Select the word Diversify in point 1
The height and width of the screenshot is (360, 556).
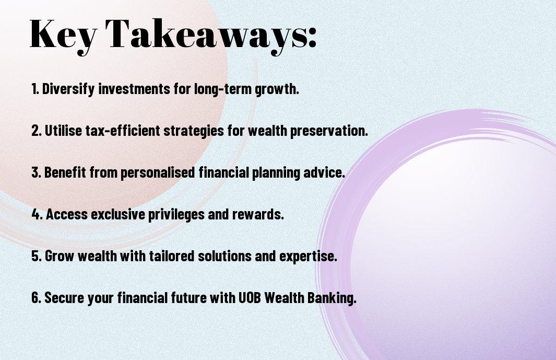pyautogui.click(x=68, y=89)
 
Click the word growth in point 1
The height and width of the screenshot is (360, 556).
pyautogui.click(x=277, y=89)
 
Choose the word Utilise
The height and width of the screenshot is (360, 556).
pyautogui.click(x=64, y=130)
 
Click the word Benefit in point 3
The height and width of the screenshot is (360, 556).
pyautogui.click(x=65, y=172)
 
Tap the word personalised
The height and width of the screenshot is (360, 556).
pyautogui.click(x=158, y=172)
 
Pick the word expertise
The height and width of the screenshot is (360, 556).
pyautogui.click(x=308, y=256)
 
